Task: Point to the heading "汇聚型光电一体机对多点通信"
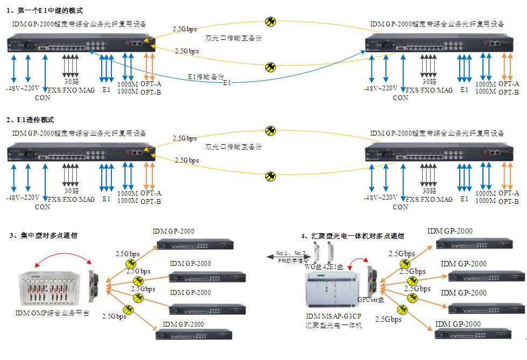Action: click(x=356, y=236)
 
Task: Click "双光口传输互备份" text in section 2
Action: click(x=234, y=146)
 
